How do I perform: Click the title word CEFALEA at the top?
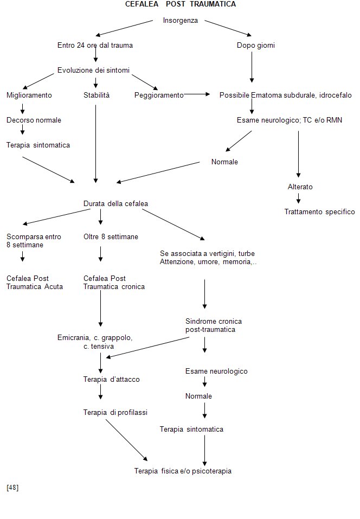tap(142, 4)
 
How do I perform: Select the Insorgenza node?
tap(181, 20)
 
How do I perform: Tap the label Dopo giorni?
tap(256, 46)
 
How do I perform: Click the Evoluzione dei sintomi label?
tap(93, 70)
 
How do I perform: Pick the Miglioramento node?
tap(29, 95)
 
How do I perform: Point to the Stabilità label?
tap(97, 95)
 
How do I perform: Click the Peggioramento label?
tap(159, 95)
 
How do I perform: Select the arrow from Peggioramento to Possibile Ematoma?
tap(197, 94)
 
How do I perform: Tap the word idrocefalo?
tap(336, 95)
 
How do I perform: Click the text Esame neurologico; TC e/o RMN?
tap(290, 120)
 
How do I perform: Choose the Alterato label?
tap(300, 187)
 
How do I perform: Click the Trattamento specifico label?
tap(320, 212)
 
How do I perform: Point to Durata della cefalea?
tap(115, 203)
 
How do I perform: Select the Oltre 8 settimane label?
tap(111, 236)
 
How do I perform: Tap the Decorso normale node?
tap(34, 120)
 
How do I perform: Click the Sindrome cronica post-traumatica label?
tap(214, 325)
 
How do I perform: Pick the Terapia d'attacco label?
tap(112, 379)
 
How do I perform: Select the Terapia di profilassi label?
tap(115, 412)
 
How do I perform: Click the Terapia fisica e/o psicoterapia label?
tap(183, 471)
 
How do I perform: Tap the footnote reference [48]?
tap(12, 487)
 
